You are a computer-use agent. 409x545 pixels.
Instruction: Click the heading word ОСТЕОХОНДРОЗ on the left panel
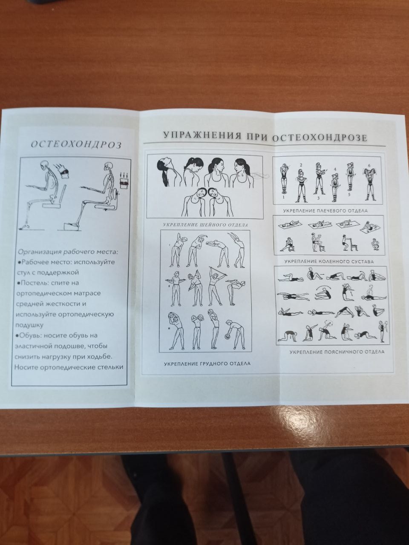(x=76, y=145)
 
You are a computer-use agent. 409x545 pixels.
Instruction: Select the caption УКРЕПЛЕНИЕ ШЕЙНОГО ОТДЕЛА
(x=205, y=225)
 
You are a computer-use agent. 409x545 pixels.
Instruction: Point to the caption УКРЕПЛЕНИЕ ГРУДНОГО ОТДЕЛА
(x=207, y=364)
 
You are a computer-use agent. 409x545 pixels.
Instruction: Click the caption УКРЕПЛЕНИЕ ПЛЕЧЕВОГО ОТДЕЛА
(x=325, y=211)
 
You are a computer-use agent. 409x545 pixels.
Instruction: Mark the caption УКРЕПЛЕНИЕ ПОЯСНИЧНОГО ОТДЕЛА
(x=337, y=352)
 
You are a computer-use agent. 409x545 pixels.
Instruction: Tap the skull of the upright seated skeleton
(x=108, y=166)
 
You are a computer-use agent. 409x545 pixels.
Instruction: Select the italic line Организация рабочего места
(x=67, y=252)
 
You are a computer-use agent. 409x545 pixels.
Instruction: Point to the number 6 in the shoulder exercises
(x=369, y=166)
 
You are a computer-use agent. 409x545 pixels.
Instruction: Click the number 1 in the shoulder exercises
(x=283, y=197)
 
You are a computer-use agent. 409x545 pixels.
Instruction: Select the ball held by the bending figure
(x=228, y=337)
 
